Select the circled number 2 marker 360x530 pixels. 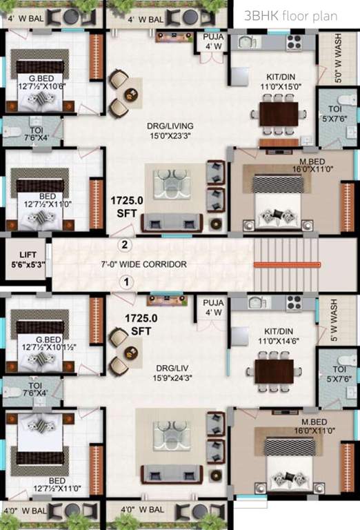coord(125,244)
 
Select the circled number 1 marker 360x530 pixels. coord(126,282)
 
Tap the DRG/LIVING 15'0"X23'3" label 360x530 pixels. coord(170,131)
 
